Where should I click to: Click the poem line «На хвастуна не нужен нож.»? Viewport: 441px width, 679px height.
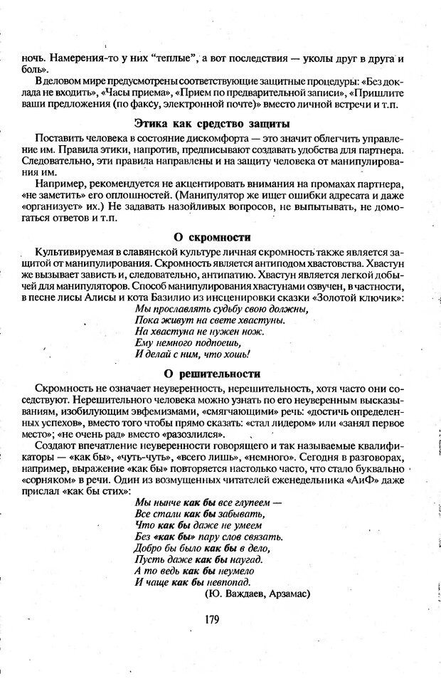point(190,331)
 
